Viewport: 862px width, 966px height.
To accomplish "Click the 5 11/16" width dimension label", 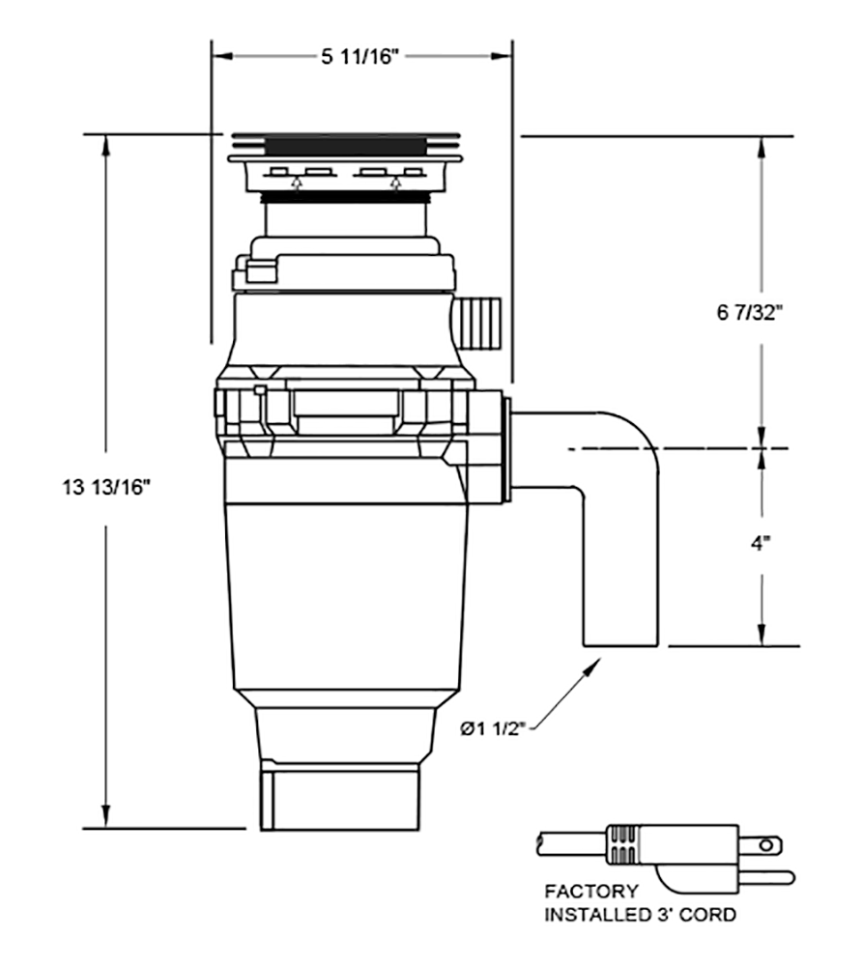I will pyautogui.click(x=360, y=57).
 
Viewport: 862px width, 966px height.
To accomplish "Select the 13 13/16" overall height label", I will pyautogui.click(x=107, y=487).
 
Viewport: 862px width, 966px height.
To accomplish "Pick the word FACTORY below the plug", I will pyautogui.click(x=591, y=892).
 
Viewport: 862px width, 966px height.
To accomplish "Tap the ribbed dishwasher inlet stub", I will pyautogui.click(x=480, y=323).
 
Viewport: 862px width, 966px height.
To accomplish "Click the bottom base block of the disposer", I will pyautogui.click(x=339, y=799).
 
